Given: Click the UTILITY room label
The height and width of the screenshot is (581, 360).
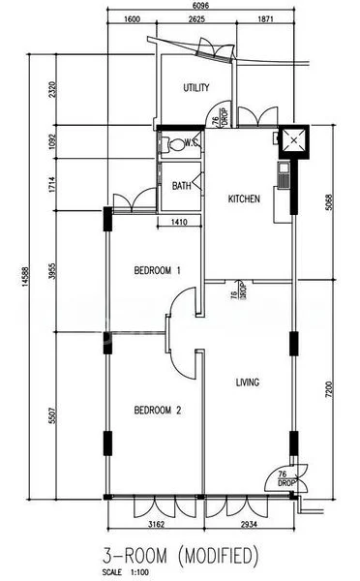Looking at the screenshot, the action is pyautogui.click(x=196, y=87).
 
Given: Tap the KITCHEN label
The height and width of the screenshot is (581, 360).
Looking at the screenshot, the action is pyautogui.click(x=244, y=199).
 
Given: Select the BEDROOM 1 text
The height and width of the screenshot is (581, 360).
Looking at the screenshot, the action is pyautogui.click(x=158, y=270).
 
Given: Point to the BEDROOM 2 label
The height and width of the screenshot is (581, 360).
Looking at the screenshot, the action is pyautogui.click(x=158, y=411).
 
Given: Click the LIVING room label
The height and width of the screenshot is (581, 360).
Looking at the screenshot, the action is pyautogui.click(x=248, y=382).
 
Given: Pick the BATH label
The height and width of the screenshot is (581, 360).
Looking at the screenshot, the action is pyautogui.click(x=182, y=186).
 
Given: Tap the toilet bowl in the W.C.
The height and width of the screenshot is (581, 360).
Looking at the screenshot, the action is pyautogui.click(x=177, y=143).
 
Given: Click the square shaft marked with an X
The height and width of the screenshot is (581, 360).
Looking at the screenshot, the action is pyautogui.click(x=293, y=140).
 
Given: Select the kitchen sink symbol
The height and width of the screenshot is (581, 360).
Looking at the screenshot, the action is pyautogui.click(x=285, y=175).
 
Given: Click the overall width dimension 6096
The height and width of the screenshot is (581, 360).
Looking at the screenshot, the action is pyautogui.click(x=201, y=5).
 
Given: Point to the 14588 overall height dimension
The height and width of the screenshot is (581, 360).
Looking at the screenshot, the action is pyautogui.click(x=25, y=276).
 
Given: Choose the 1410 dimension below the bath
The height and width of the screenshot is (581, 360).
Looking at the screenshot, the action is pyautogui.click(x=179, y=222).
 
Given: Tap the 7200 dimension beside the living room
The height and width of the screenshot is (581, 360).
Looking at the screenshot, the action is pyautogui.click(x=329, y=390).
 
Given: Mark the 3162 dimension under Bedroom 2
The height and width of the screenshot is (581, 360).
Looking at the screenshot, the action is pyautogui.click(x=157, y=524).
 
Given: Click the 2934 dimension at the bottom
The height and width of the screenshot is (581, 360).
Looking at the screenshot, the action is pyautogui.click(x=249, y=524).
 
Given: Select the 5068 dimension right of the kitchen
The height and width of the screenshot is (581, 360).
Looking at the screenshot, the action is pyautogui.click(x=329, y=202).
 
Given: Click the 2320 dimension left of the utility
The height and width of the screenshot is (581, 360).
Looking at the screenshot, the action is pyautogui.click(x=52, y=89).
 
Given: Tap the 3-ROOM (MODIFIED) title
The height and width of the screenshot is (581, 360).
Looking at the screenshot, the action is pyautogui.click(x=180, y=556).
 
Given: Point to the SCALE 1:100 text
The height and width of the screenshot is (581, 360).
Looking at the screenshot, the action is pyautogui.click(x=126, y=572).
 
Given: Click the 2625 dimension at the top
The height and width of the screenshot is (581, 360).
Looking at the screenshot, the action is pyautogui.click(x=196, y=19).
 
